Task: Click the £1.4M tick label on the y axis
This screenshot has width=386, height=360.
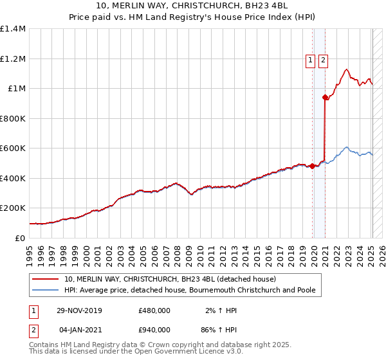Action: [14, 29]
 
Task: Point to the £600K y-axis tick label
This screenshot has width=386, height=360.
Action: [14, 148]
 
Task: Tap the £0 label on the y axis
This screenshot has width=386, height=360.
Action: [21, 238]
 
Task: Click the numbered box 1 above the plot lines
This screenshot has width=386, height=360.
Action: [310, 61]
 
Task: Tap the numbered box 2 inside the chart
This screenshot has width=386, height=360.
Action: [322, 61]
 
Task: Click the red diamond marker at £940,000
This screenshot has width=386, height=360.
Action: [325, 98]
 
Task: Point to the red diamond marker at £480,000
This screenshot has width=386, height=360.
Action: [313, 166]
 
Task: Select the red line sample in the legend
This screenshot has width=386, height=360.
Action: [46, 279]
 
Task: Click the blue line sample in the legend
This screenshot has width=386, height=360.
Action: [46, 290]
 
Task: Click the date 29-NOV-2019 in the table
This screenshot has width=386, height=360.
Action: [80, 310]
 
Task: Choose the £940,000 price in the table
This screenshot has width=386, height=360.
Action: [154, 329]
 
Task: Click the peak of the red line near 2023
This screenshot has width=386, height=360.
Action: [346, 69]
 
